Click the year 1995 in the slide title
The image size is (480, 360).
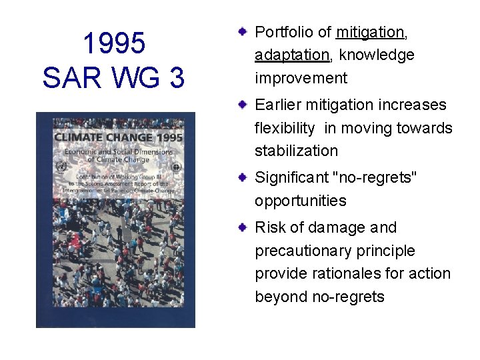point(114,44)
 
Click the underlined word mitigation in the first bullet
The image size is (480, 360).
point(370,32)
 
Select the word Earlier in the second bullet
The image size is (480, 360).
point(278,105)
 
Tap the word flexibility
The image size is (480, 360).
point(284,128)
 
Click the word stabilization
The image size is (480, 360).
point(296,151)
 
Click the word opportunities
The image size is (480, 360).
point(300,201)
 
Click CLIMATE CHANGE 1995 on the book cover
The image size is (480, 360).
point(117,138)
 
